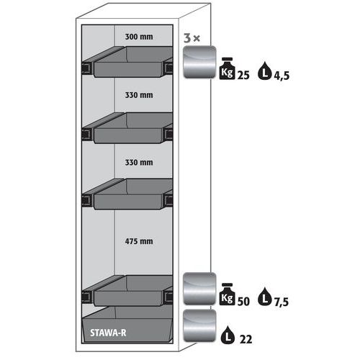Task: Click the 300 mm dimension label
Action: tap(139, 37)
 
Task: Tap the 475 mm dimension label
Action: tap(139, 241)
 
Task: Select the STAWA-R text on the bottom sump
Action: tap(108, 333)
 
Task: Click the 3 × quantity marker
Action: tap(192, 38)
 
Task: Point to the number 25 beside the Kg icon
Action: tap(243, 76)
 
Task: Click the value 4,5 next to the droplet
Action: tap(282, 76)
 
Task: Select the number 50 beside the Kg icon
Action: tap(243, 302)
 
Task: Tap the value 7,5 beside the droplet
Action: tap(282, 302)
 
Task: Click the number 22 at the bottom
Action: tap(246, 339)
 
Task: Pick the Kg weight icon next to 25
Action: tap(227, 68)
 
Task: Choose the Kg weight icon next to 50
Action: tap(227, 294)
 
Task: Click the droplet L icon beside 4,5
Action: tap(265, 71)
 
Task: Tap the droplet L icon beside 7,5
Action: tap(264, 297)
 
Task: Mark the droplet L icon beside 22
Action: tap(228, 335)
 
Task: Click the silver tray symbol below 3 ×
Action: tap(199, 62)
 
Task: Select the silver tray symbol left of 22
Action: tap(199, 325)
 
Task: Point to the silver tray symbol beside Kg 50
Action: tap(199, 289)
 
